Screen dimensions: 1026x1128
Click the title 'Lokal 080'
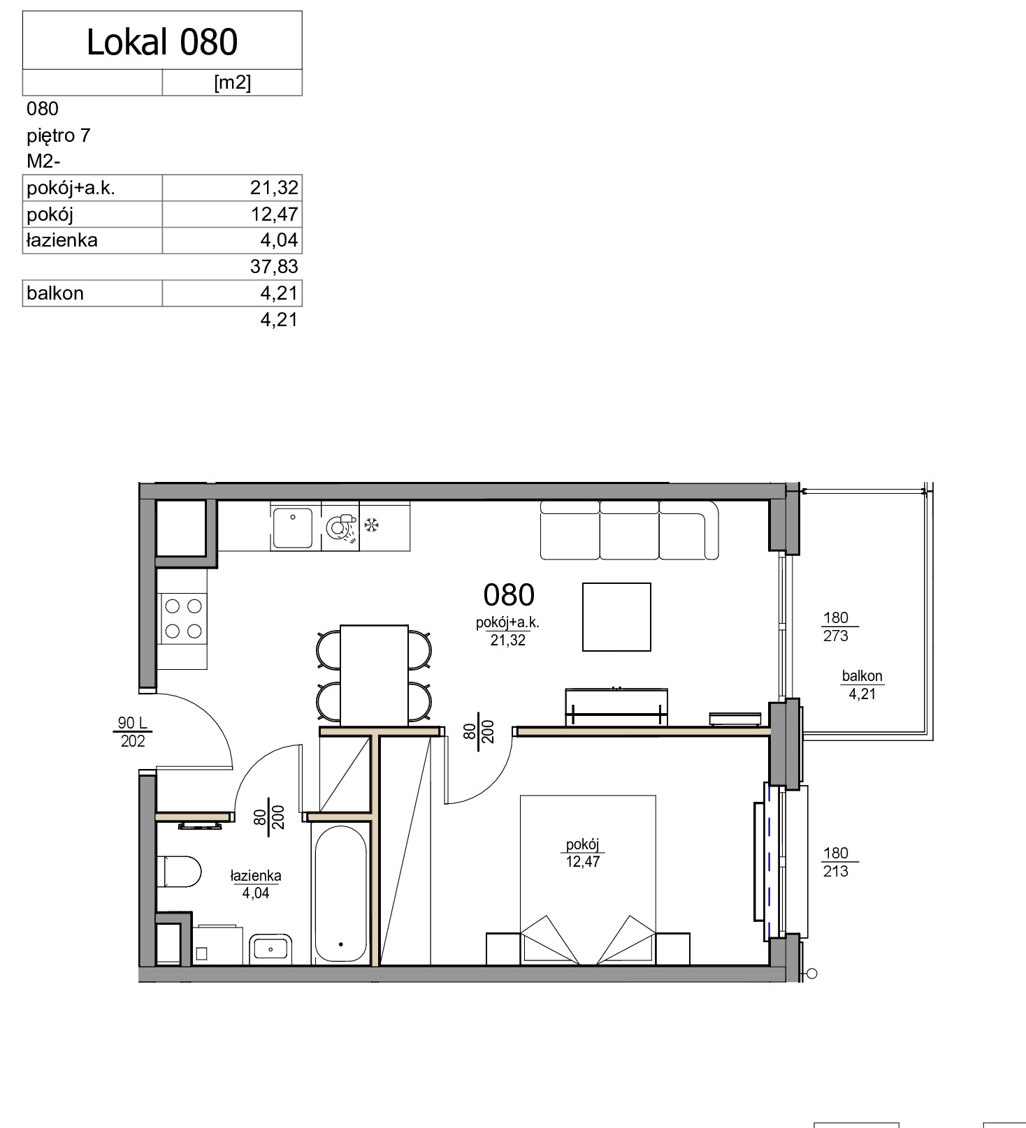click(162, 42)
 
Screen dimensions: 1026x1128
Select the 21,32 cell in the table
click(274, 187)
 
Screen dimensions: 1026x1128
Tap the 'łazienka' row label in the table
click(62, 240)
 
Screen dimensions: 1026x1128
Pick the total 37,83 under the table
click(274, 266)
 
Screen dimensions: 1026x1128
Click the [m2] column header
click(232, 82)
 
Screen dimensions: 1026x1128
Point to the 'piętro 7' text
click(59, 135)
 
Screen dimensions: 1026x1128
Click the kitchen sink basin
click(293, 527)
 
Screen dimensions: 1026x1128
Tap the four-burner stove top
click(183, 619)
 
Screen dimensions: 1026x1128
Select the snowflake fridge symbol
click(373, 525)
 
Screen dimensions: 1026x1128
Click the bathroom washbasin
click(270, 948)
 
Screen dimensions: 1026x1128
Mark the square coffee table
click(616, 617)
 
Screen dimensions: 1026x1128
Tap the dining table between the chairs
click(374, 675)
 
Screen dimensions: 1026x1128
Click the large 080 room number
click(509, 595)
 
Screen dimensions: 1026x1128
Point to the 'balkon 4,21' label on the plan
click(862, 684)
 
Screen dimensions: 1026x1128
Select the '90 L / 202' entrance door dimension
click(133, 731)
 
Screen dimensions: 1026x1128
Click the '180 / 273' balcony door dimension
click(836, 627)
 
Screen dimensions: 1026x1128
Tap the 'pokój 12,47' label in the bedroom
click(583, 853)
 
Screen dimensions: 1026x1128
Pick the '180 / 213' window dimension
click(836, 862)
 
